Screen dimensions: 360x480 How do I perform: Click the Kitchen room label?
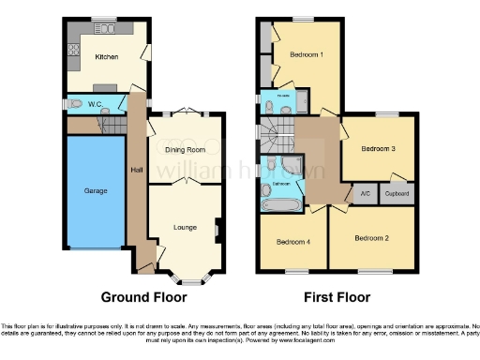point(107,57)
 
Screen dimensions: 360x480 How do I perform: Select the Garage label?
point(95,191)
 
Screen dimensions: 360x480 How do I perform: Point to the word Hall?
point(135,169)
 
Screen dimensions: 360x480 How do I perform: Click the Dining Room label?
point(185,149)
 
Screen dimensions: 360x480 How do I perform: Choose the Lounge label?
point(185,227)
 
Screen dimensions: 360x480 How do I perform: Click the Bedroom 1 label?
point(307,54)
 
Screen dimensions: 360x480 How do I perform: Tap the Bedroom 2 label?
point(371,238)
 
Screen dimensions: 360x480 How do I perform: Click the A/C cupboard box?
point(365,194)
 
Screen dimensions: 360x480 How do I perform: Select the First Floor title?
point(338,297)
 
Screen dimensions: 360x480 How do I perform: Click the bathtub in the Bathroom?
point(278,203)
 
